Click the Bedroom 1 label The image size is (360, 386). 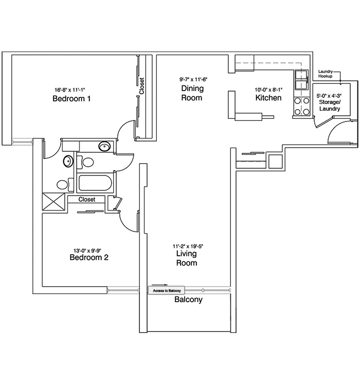pyautogui.click(x=71, y=98)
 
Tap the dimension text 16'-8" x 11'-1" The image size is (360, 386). pyautogui.click(x=70, y=90)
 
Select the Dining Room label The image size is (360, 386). pyautogui.click(x=192, y=93)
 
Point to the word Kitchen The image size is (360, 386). pyautogui.click(x=268, y=97)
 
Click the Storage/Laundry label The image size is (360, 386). pyautogui.click(x=330, y=105)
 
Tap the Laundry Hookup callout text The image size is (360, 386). pyautogui.click(x=326, y=74)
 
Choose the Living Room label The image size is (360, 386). pyautogui.click(x=187, y=258)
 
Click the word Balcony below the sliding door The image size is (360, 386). pyautogui.click(x=189, y=300)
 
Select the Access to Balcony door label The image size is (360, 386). pyautogui.click(x=167, y=291)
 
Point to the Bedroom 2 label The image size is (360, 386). pyautogui.click(x=89, y=257)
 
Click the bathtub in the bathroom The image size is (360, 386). pyautogui.click(x=95, y=183)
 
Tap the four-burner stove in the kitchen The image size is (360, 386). pyautogui.click(x=302, y=107)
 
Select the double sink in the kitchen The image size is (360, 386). pyautogui.click(x=302, y=80)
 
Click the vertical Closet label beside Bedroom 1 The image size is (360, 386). pyautogui.click(x=141, y=86)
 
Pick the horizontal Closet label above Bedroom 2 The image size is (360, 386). pyautogui.click(x=87, y=199)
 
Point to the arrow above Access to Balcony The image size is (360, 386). pyautogui.click(x=160, y=285)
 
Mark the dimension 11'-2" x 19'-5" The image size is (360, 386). pyautogui.click(x=188, y=246)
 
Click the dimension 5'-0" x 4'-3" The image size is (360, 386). pyautogui.click(x=329, y=96)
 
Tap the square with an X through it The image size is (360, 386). pyautogui.click(x=53, y=202)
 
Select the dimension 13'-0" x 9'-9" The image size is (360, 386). pyautogui.click(x=87, y=251)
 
